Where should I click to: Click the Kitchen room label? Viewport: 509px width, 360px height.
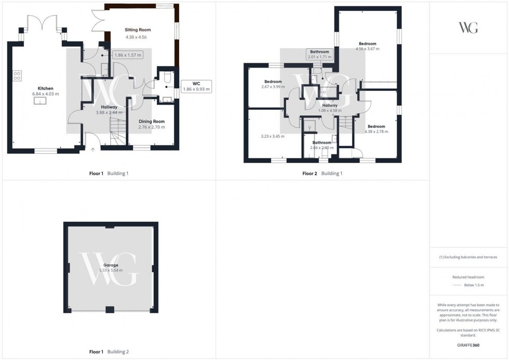[45, 88]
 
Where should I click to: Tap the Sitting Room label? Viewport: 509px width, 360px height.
[138, 30]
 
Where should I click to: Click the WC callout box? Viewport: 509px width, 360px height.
[196, 86]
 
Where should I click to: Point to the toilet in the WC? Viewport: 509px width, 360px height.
[166, 77]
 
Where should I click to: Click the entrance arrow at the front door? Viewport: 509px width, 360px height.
[93, 150]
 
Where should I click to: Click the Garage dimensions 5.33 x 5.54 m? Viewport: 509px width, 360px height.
[110, 271]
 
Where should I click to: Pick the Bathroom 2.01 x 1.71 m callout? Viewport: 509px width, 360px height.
[319, 55]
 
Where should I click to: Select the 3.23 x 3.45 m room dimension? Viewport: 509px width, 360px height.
[274, 136]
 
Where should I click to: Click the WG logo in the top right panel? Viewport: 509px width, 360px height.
[468, 28]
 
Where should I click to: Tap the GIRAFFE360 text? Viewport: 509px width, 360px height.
[468, 345]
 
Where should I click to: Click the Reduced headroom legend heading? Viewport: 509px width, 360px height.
[468, 278]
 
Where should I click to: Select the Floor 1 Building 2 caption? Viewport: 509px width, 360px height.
[108, 352]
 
